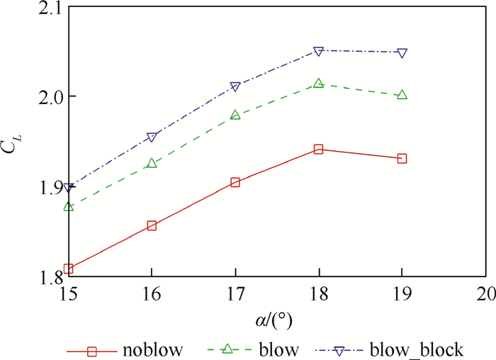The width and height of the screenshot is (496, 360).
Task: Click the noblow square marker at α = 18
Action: click(x=318, y=150)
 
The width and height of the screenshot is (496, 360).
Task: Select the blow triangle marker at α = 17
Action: click(x=235, y=115)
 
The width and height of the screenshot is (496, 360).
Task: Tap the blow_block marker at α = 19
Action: click(x=402, y=52)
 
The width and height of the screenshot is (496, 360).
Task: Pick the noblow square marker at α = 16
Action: click(x=152, y=226)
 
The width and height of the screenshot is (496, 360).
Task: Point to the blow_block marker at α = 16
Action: click(x=152, y=137)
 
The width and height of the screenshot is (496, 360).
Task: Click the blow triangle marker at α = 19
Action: click(x=402, y=94)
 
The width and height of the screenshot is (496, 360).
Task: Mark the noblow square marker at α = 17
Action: click(x=235, y=182)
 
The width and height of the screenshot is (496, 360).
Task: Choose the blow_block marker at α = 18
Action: click(x=318, y=51)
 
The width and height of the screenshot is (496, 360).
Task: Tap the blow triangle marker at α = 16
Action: click(x=152, y=163)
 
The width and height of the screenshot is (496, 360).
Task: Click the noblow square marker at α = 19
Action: click(x=402, y=159)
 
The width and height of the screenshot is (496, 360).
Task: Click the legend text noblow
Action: click(x=152, y=349)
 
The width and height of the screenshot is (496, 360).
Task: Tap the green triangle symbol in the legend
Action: click(x=228, y=348)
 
